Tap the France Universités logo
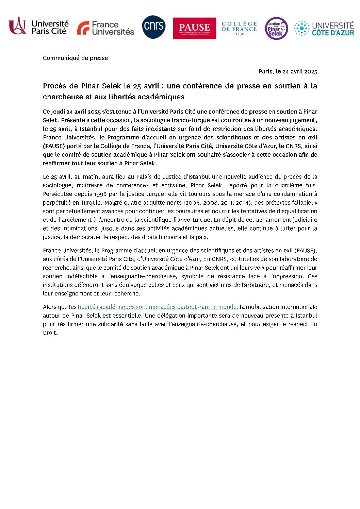105,28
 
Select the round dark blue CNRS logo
154,27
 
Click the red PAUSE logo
194,28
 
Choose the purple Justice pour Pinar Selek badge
276,29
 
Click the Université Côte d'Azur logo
324,29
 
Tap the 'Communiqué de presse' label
75,58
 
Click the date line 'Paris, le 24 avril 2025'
288,71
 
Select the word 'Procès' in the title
54,86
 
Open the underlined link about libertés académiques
158,307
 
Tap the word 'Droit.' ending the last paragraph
50,333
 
